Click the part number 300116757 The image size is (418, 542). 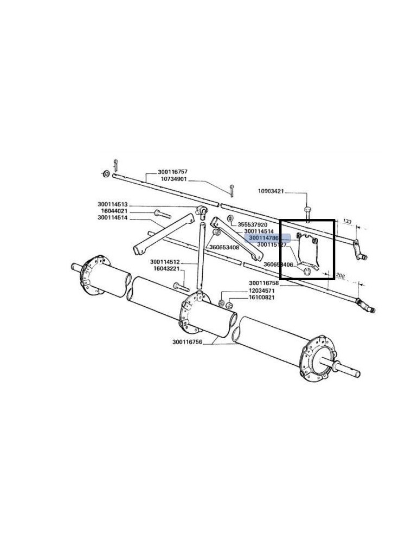click(172, 172)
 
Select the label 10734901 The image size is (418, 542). click(172, 179)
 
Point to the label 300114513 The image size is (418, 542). click(112, 204)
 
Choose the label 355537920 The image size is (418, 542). click(253, 224)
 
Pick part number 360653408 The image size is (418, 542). click(224, 247)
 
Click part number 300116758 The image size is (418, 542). click(264, 283)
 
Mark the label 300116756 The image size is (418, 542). click(188, 342)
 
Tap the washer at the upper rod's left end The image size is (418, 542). click(106, 174)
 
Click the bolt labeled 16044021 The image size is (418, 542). click(158, 212)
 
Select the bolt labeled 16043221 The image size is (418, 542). click(180, 285)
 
